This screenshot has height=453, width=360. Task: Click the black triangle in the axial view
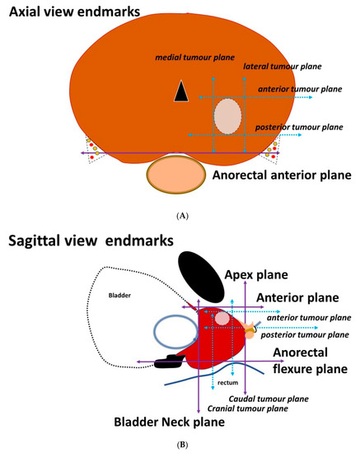pyautogui.click(x=180, y=93)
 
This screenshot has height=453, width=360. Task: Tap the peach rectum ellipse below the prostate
pyautogui.click(x=175, y=175)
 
